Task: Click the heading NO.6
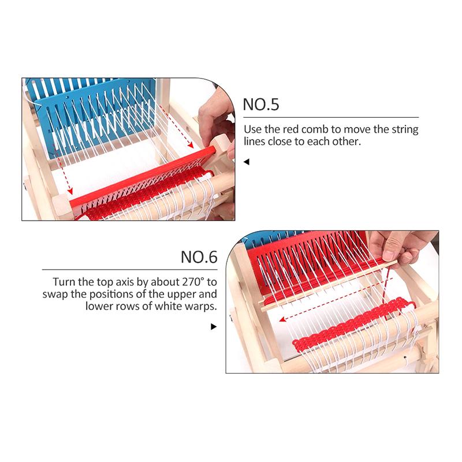199,256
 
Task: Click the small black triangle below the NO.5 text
247,162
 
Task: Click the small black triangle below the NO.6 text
214,327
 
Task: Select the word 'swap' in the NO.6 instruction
55,295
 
